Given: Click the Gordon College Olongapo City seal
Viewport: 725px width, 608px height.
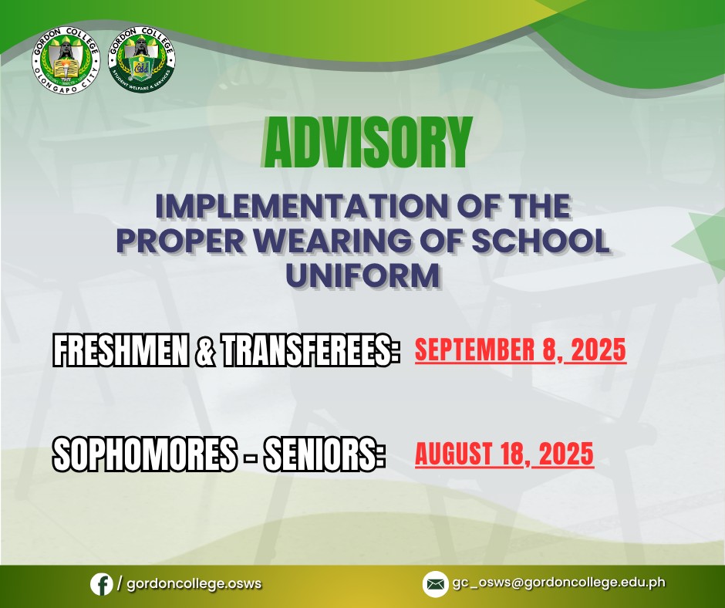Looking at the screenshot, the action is (66, 60).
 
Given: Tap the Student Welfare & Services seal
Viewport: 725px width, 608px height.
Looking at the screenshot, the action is (141, 59).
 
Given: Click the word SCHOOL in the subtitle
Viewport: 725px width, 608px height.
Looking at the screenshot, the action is (541, 241).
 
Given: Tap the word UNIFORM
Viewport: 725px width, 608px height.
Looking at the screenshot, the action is (362, 275).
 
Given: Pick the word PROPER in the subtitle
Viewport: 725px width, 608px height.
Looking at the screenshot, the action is (180, 241).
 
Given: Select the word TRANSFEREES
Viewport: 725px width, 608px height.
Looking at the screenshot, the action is (309, 350).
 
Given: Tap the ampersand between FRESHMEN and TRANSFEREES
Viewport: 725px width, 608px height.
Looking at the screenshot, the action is (205, 350).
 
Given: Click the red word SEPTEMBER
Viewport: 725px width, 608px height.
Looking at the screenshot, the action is (475, 350).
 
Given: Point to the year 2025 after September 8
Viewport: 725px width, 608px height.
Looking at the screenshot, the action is (599, 350).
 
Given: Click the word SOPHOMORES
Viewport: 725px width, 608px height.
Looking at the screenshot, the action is (144, 454).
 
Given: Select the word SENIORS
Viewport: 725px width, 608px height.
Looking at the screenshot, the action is (324, 454).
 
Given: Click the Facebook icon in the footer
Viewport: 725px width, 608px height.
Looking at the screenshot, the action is (101, 584).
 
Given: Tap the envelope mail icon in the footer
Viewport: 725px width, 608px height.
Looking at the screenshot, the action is (435, 584).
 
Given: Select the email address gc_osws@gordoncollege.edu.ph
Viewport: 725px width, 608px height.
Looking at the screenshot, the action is (559, 583).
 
